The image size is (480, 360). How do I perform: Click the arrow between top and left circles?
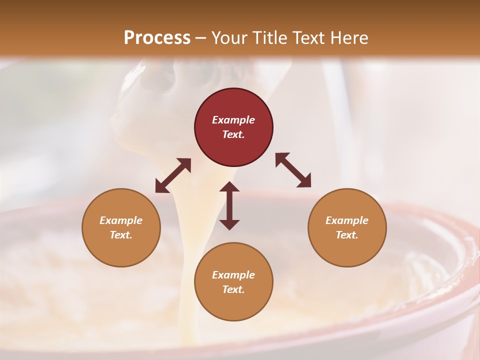pyautogui.click(x=173, y=175)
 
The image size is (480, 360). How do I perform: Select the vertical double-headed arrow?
pyautogui.click(x=229, y=205)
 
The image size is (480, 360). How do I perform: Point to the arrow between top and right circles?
pyautogui.click(x=293, y=170)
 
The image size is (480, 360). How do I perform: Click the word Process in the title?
pyautogui.click(x=157, y=38)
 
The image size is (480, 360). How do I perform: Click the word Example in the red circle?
pyautogui.click(x=233, y=120)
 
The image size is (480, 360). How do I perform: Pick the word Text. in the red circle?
pyautogui.click(x=233, y=134)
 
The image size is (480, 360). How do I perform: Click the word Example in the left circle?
pyautogui.click(x=121, y=220)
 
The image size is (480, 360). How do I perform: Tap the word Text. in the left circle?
pyautogui.click(x=121, y=235)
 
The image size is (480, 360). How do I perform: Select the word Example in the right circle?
pyautogui.click(x=347, y=220)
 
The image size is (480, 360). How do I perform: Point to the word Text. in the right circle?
pyautogui.click(x=347, y=235)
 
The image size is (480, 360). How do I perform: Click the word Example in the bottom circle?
pyautogui.click(x=233, y=275)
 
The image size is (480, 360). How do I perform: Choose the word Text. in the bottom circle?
pyautogui.click(x=233, y=289)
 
